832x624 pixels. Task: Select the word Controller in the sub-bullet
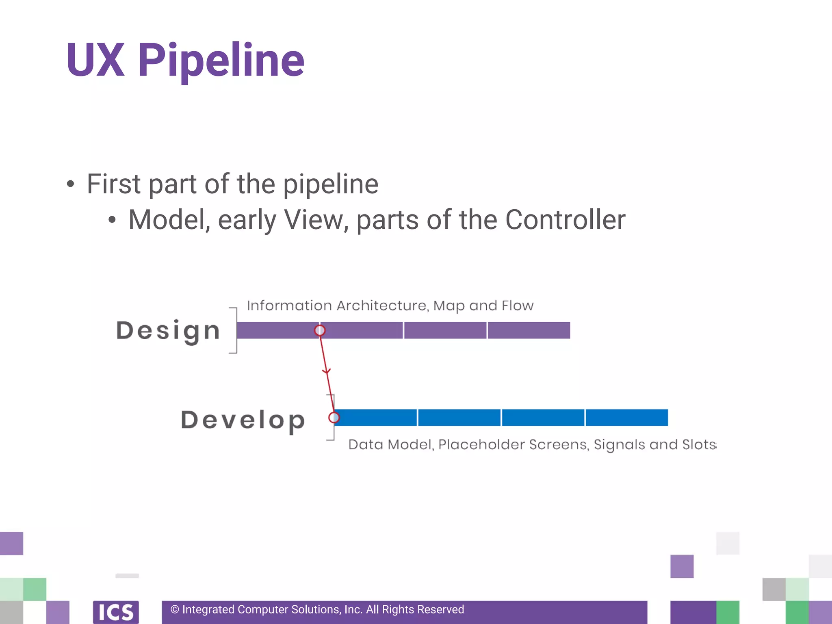point(565,220)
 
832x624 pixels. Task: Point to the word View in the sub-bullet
point(316,220)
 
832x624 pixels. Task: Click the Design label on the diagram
point(168,331)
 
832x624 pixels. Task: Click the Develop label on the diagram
point(243,420)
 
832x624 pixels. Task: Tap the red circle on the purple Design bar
point(320,330)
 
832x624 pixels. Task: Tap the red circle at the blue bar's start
point(334,417)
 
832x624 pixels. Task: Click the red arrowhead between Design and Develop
point(327,371)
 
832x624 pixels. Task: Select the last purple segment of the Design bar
point(529,330)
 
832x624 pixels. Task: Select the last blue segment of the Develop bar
point(627,418)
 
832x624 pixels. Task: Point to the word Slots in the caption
point(699,444)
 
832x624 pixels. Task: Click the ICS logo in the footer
point(116,612)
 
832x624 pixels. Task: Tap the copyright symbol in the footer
point(175,609)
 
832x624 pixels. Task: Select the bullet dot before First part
point(71,184)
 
